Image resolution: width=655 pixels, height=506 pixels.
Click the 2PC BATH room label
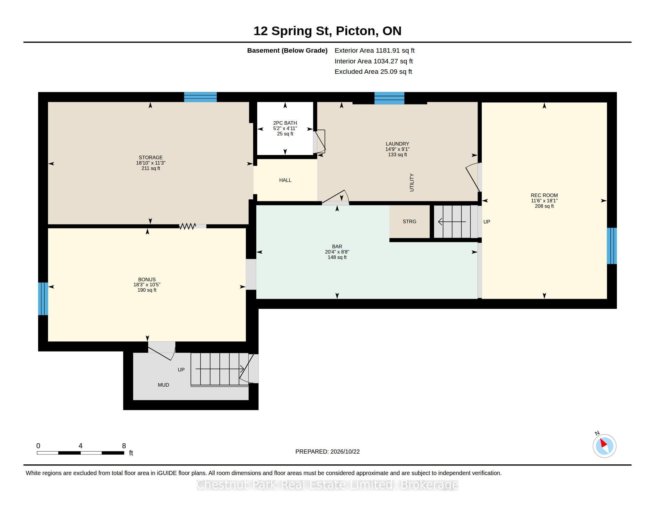pyautogui.click(x=285, y=123)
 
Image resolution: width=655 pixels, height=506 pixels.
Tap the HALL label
pyautogui.click(x=285, y=180)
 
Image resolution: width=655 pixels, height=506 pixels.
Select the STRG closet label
pyautogui.click(x=409, y=221)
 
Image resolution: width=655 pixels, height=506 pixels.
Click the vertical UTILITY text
pyautogui.click(x=412, y=182)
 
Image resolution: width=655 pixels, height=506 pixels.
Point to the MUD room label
pyautogui.click(x=163, y=385)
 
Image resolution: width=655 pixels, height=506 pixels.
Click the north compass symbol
pyautogui.click(x=604, y=446)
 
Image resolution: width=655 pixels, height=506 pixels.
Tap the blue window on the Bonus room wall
pyautogui.click(x=43, y=299)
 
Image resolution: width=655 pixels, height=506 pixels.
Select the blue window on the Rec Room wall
pyautogui.click(x=612, y=246)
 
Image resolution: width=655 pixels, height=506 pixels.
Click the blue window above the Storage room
pyautogui.click(x=200, y=97)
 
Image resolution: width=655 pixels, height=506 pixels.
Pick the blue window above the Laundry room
pyautogui.click(x=389, y=98)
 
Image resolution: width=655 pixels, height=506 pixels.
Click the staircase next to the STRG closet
pyautogui.click(x=456, y=221)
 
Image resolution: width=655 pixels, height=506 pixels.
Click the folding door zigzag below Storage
pyautogui.click(x=188, y=226)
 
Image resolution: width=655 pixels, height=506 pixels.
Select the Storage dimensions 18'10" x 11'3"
pyautogui.click(x=151, y=163)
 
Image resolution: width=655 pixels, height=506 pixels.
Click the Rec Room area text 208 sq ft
pyautogui.click(x=544, y=206)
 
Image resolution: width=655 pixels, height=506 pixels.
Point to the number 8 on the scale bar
pyautogui.click(x=124, y=446)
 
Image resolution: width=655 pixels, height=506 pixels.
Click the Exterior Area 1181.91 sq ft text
pyautogui.click(x=375, y=51)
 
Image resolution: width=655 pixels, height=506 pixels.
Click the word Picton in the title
pyautogui.click(x=355, y=31)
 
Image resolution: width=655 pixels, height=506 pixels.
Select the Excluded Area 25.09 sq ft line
pyautogui.click(x=373, y=72)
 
